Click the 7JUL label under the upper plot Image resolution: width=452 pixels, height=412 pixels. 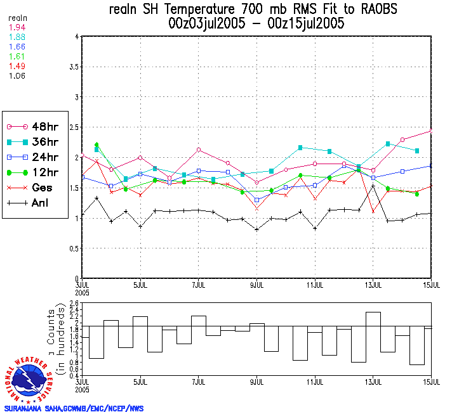click(x=198, y=285)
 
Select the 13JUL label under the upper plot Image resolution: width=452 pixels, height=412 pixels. click(x=373, y=285)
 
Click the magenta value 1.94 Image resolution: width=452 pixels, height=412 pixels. click(x=17, y=27)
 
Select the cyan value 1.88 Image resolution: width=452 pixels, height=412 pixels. click(x=17, y=37)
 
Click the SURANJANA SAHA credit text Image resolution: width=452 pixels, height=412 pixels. click(x=74, y=408)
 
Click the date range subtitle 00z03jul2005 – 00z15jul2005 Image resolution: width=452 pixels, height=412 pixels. click(x=257, y=24)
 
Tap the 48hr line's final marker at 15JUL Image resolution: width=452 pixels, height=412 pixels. click(x=432, y=131)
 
